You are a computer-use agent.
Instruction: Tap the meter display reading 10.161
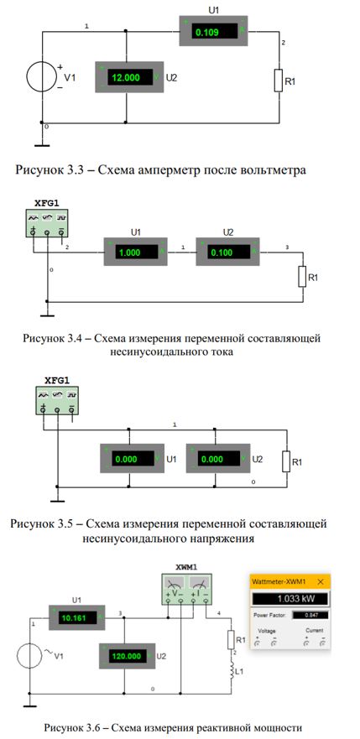tap(78, 617)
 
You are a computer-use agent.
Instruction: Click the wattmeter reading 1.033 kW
tap(290, 599)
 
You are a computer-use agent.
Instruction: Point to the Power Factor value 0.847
tap(310, 615)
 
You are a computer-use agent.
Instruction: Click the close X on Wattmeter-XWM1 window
tap(321, 581)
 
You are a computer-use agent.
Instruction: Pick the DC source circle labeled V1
tap(42, 77)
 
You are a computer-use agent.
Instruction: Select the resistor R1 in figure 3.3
tap(279, 81)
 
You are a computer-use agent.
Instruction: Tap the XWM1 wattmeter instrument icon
tap(187, 589)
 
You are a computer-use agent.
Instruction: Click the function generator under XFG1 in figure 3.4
tap(47, 223)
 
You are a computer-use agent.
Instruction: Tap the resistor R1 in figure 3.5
tap(286, 461)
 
